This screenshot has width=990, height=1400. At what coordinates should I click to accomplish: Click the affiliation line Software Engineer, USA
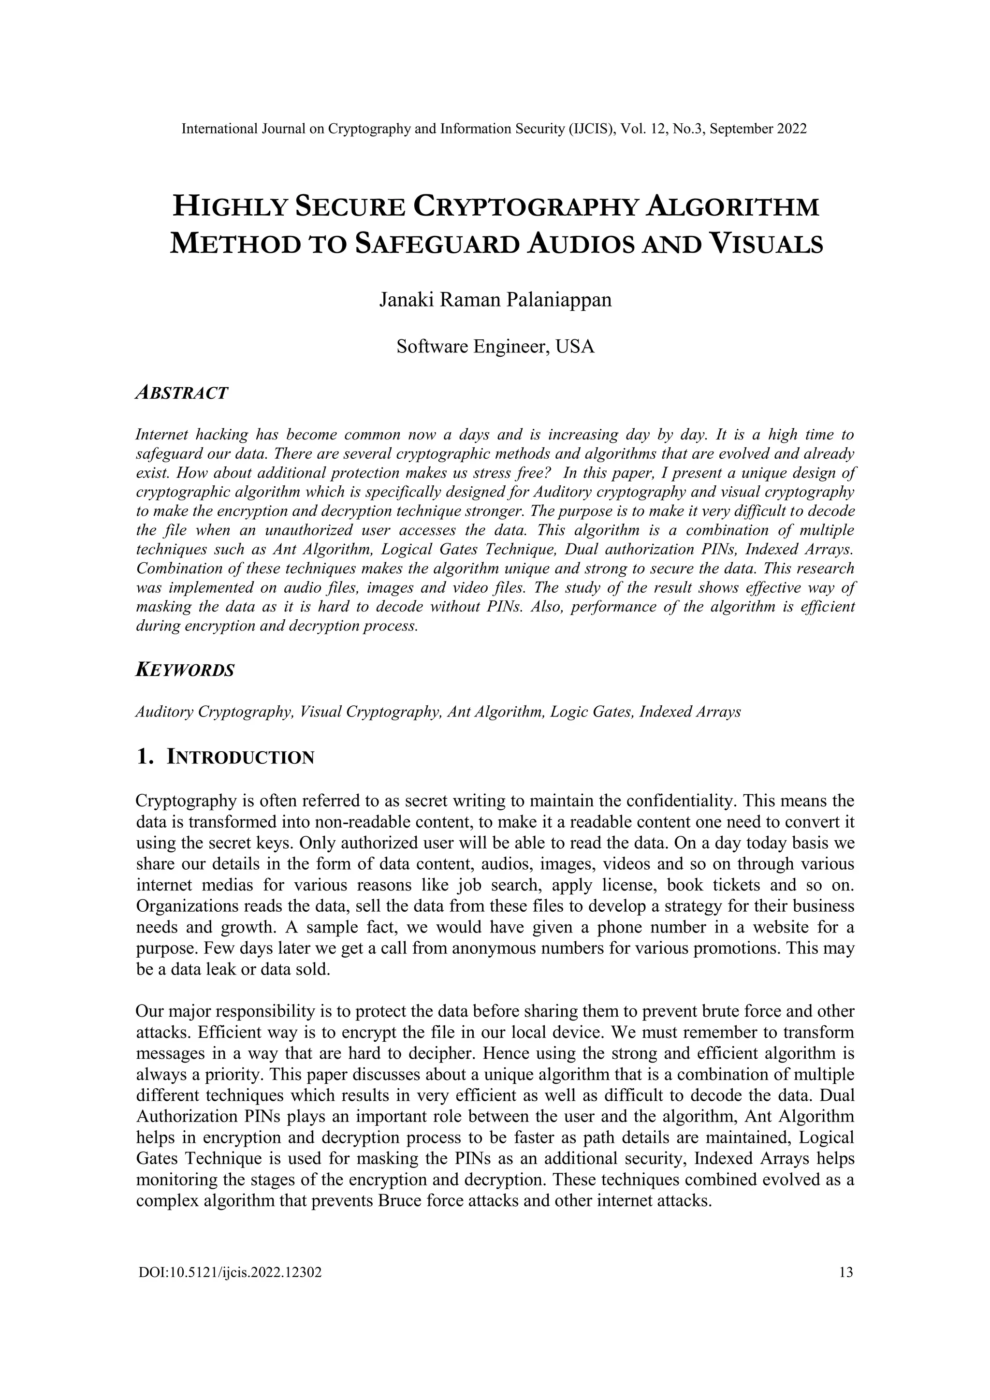click(495, 347)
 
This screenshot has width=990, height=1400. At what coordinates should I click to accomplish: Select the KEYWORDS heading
click(185, 671)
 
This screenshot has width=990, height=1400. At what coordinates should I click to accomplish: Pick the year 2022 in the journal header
click(791, 129)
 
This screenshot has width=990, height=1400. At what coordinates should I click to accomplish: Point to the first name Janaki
click(407, 301)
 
